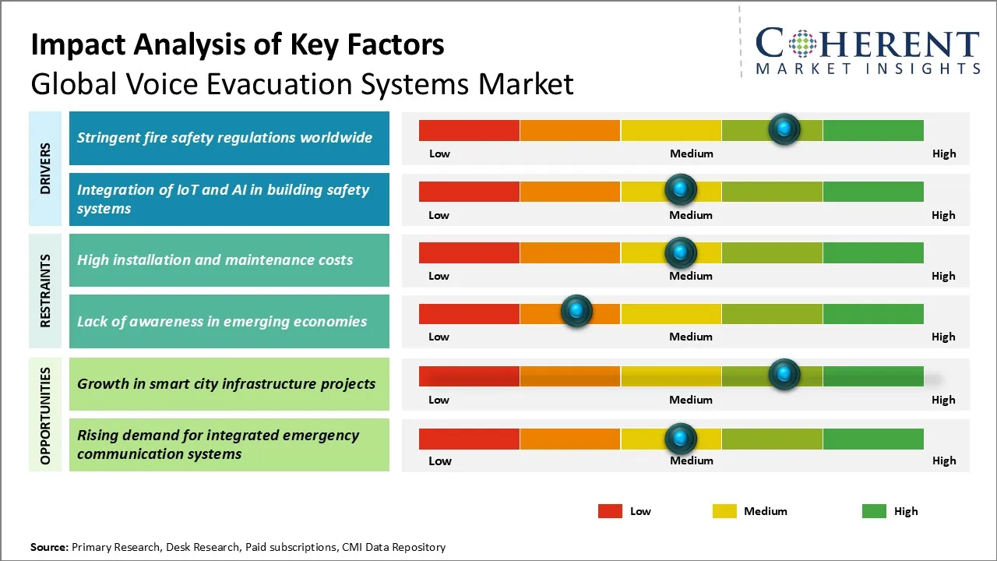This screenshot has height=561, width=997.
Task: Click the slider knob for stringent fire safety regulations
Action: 784,129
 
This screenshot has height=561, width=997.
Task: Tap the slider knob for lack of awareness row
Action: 576,312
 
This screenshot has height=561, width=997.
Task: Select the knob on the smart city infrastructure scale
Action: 784,375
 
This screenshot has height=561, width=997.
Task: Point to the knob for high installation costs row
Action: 681,252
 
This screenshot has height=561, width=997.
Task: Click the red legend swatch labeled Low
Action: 610,511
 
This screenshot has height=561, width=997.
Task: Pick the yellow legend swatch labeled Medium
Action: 724,511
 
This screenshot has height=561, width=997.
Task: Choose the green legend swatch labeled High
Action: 874,511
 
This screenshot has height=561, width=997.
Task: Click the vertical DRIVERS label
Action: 45,168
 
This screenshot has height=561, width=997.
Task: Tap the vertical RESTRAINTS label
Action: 45,291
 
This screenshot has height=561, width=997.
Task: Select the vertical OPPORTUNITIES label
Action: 45,415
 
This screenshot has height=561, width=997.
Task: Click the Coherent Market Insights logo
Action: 867,51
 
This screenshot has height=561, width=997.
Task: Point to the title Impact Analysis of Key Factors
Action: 238,45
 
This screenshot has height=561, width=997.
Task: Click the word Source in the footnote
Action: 48,547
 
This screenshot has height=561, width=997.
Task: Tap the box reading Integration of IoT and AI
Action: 229,199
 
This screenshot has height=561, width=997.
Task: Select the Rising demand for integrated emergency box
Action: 229,445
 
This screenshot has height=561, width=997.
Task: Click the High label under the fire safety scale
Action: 943,153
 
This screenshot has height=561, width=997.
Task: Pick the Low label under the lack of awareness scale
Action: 439,337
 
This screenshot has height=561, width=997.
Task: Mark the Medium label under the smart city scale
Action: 691,400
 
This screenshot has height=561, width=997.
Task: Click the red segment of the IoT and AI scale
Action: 469,192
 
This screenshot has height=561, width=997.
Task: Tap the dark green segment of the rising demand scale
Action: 872,439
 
